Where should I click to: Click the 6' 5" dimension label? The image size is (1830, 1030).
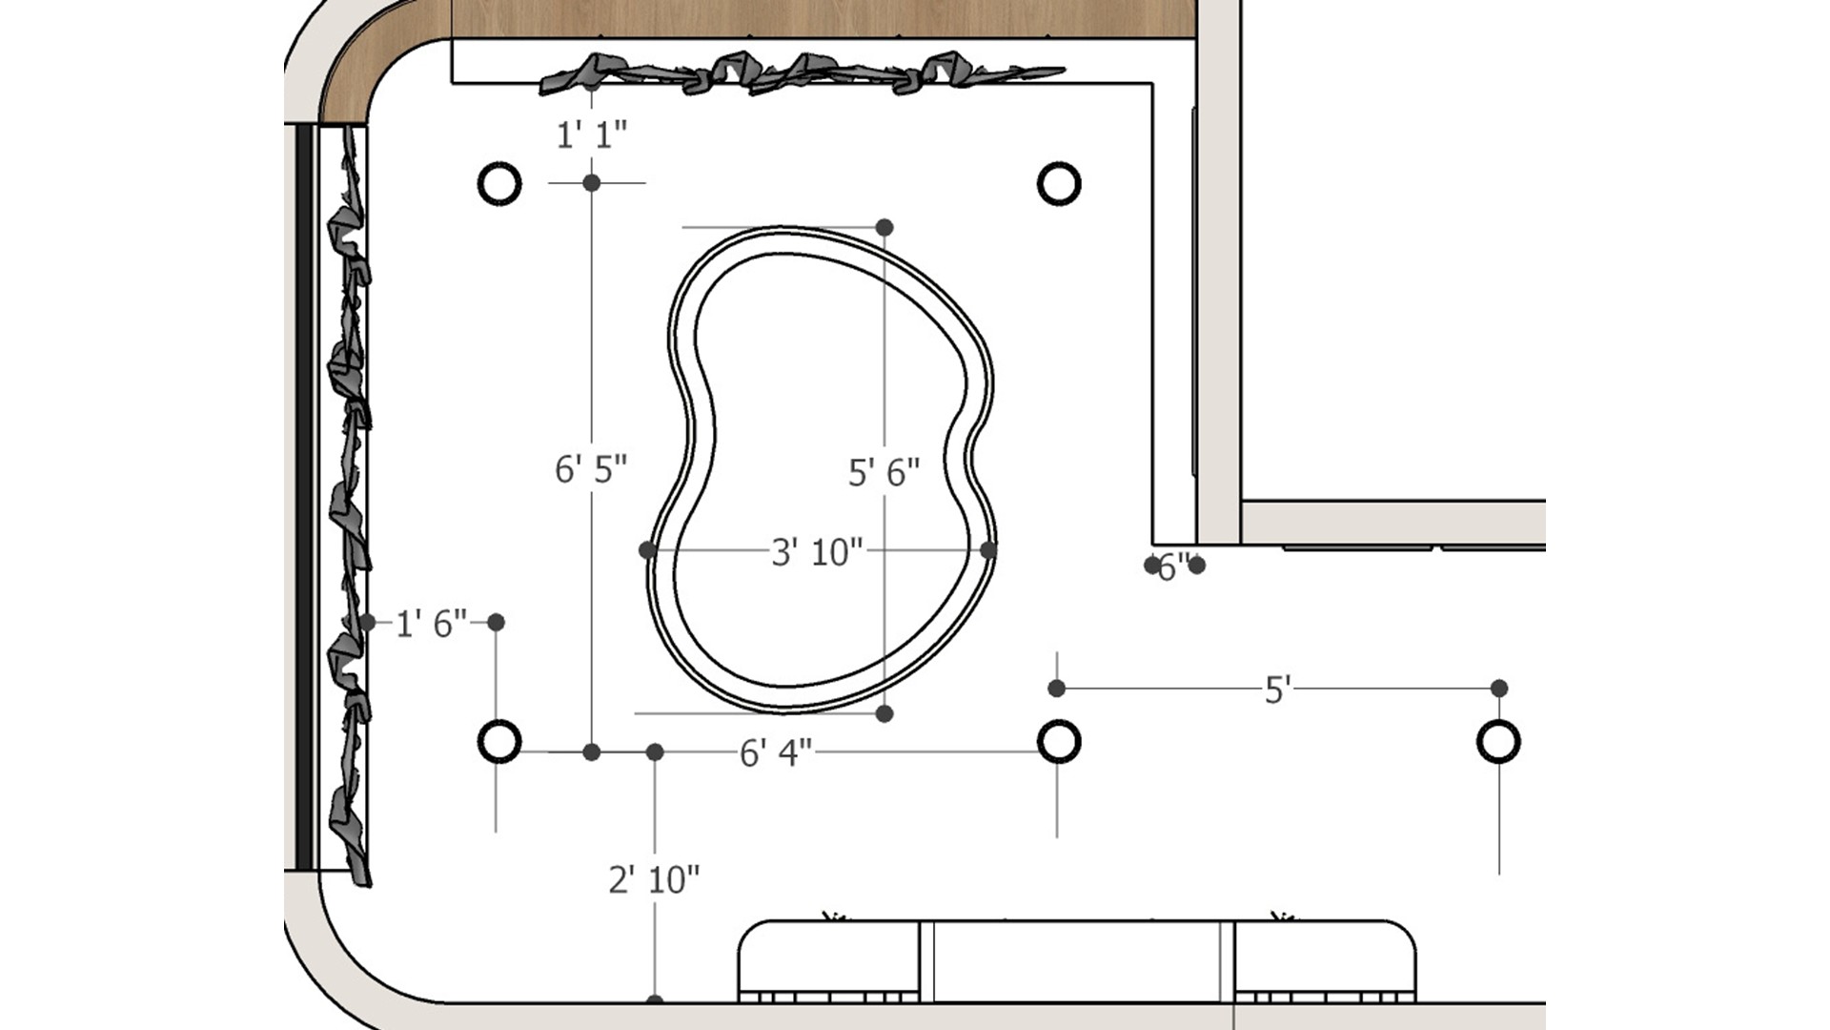tap(591, 469)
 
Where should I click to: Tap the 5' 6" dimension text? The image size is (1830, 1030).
tap(884, 472)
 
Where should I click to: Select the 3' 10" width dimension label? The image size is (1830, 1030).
tap(817, 552)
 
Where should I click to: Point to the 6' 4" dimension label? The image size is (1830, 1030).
tap(776, 753)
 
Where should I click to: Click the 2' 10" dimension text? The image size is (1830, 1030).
tap(654, 879)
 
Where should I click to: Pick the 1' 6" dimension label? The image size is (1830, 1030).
tap(431, 624)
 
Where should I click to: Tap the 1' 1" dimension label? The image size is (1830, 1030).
tap(592, 135)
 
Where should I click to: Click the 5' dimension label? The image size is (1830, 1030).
tap(1277, 690)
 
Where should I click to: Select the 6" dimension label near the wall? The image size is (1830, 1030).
tap(1174, 567)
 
